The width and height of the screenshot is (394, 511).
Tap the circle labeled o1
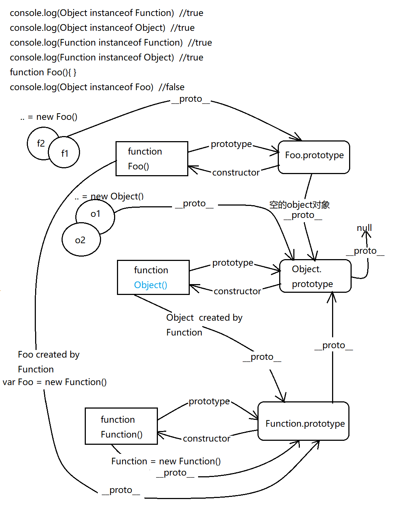[95, 214]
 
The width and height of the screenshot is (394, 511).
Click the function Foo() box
[152, 159]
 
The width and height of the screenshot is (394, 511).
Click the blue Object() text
[151, 285]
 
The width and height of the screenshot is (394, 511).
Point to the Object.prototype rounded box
[315, 276]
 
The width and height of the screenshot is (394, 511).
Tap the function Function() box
[121, 426]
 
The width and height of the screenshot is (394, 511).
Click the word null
[364, 228]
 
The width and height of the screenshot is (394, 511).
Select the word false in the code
[175, 87]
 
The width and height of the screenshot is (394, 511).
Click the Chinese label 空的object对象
[299, 205]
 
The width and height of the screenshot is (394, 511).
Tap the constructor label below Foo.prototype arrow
[236, 173]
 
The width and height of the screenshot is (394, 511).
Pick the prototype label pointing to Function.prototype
[209, 401]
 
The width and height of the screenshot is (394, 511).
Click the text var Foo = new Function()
[55, 382]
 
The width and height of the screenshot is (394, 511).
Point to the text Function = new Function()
[166, 461]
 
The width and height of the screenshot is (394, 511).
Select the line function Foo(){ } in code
[43, 72]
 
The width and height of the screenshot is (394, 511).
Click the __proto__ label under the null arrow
[365, 251]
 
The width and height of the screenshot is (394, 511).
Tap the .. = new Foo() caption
[49, 117]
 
